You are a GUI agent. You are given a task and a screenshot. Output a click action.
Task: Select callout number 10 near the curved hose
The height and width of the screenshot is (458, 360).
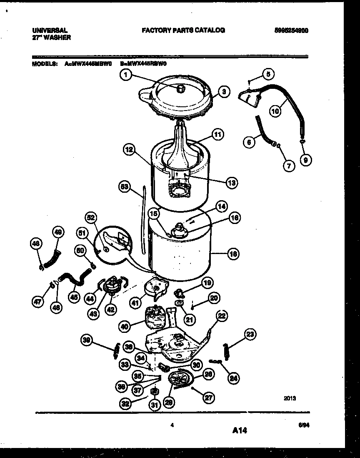[275, 111]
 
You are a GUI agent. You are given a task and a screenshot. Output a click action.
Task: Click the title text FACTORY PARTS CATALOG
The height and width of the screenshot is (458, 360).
[183, 30]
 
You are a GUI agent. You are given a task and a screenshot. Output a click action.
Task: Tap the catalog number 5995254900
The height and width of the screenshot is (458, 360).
[294, 30]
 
